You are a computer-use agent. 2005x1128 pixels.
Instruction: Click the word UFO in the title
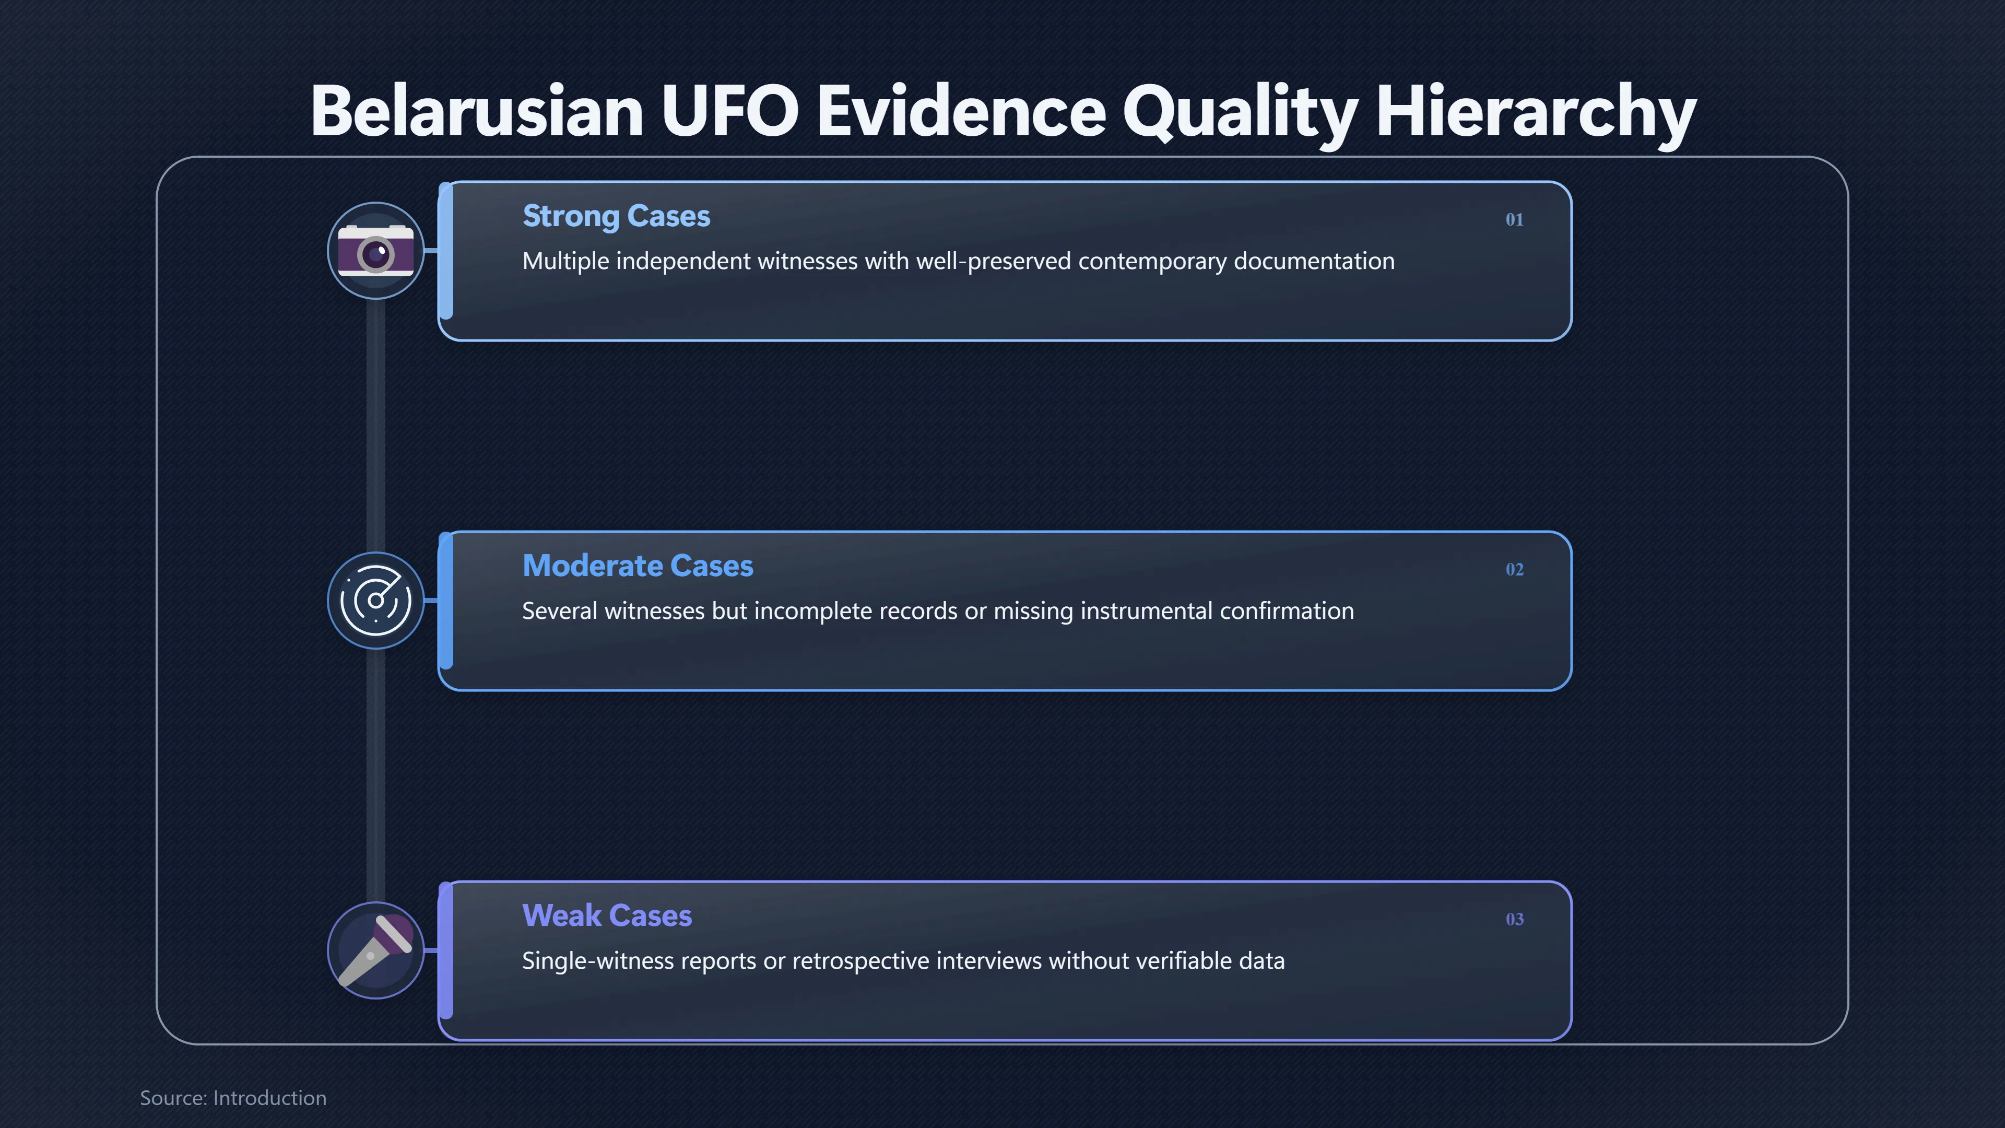729,111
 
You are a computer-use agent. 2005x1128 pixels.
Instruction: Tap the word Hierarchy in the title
1536,115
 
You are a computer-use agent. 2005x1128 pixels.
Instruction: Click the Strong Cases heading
616,216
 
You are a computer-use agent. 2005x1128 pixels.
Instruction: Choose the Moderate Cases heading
638,566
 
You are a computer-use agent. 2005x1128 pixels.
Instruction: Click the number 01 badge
1514,219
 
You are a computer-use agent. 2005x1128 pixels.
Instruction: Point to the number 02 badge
1514,569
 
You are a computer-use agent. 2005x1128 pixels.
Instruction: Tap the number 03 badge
1514,919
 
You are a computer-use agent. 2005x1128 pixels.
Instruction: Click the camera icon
376,251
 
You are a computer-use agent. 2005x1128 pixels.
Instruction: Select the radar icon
376,600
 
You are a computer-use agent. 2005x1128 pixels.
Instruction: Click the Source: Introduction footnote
233,1098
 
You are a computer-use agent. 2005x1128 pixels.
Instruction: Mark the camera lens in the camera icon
376,254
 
